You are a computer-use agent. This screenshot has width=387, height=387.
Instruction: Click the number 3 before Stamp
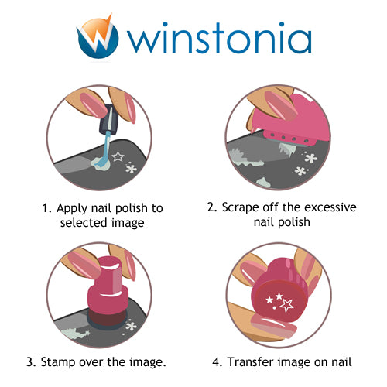30,360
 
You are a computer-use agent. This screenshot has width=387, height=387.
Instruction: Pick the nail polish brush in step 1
105,135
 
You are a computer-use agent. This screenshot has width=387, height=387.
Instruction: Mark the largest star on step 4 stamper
286,306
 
